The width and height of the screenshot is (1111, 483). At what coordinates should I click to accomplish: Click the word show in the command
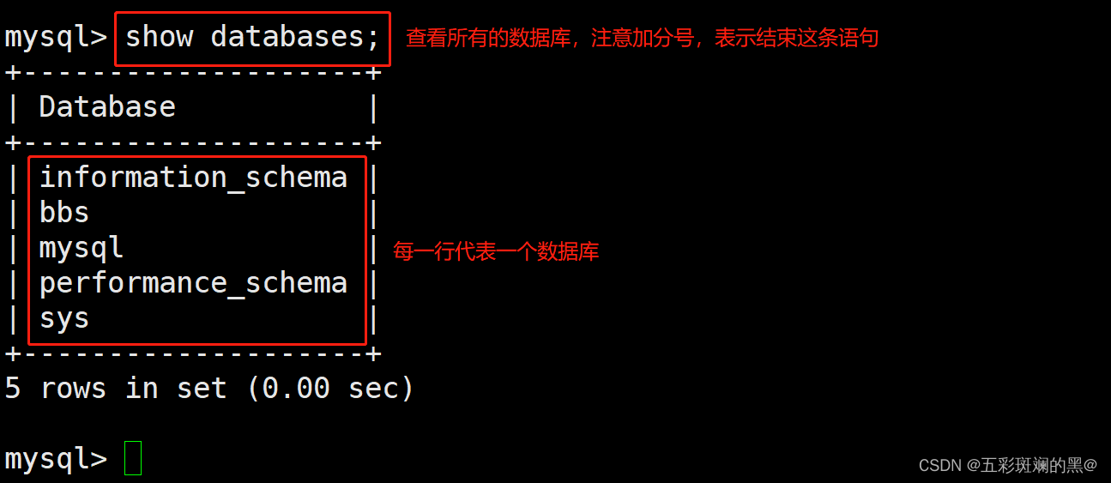[159, 37]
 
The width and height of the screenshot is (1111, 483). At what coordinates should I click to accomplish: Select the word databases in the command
[287, 37]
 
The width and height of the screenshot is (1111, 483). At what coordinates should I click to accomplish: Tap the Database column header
[107, 107]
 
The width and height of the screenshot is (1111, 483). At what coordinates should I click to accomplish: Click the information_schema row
[193, 178]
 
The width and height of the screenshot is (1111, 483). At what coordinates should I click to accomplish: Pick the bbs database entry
[64, 213]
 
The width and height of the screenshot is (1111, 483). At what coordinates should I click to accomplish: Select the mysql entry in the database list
[82, 248]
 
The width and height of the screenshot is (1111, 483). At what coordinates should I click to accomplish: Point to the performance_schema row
[193, 283]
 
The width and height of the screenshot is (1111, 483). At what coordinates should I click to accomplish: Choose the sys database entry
[64, 319]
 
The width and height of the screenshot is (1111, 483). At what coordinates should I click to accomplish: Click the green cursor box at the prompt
[133, 458]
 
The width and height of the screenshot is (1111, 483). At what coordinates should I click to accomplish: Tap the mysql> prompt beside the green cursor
[56, 459]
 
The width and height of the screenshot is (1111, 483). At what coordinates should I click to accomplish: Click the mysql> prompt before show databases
[56, 37]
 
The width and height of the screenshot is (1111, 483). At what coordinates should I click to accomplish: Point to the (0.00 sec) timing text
[330, 389]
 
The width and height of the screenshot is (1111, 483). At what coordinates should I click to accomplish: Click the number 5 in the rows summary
[13, 389]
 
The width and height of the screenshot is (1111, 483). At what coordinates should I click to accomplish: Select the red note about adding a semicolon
[642, 38]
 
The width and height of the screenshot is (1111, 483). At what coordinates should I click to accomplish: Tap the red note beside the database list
[496, 251]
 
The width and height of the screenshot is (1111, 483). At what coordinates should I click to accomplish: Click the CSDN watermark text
[1007, 465]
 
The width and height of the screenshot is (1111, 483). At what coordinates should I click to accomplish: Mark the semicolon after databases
[372, 38]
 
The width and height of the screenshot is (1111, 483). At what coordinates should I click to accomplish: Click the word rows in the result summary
[73, 389]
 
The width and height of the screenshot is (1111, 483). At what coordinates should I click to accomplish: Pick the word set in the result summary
[202, 389]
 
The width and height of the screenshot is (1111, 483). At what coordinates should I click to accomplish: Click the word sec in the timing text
[372, 389]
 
